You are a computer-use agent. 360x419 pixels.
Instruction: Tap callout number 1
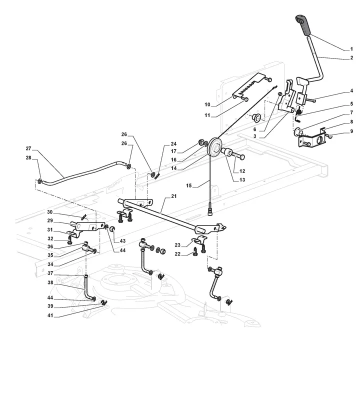click(x=351, y=49)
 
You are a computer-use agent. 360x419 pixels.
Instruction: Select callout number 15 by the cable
click(x=189, y=185)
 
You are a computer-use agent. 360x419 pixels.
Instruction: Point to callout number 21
click(x=173, y=196)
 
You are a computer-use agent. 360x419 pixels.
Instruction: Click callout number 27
click(x=28, y=148)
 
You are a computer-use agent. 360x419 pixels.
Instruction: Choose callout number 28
click(x=28, y=157)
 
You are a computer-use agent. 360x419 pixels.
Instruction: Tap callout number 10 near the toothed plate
click(x=207, y=104)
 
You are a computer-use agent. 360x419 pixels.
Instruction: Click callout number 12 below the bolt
click(x=242, y=171)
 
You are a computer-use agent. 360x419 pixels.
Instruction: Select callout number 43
click(x=122, y=241)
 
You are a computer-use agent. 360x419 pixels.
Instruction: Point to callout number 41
click(x=50, y=315)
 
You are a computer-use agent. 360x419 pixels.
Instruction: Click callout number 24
click(x=173, y=144)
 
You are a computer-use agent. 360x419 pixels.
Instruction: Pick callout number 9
click(x=351, y=131)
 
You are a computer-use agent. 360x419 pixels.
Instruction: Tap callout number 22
click(x=177, y=254)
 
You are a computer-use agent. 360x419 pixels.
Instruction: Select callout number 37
click(x=50, y=273)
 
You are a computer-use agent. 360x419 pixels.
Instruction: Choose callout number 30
click(x=50, y=212)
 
